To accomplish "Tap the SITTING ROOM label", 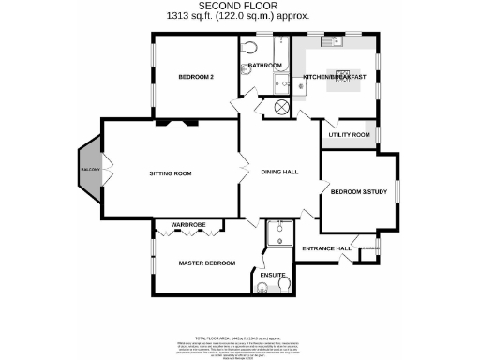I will pyautogui.click(x=171, y=173).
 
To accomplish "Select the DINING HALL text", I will pyautogui.click(x=279, y=172).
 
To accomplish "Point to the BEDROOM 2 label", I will pyautogui.click(x=197, y=78).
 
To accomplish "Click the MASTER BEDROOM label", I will pyautogui.click(x=207, y=263).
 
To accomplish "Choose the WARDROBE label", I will pyautogui.click(x=187, y=226).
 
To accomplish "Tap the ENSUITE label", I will pyautogui.click(x=272, y=276).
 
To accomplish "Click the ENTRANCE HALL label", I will pyautogui.click(x=327, y=248).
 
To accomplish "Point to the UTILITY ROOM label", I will pyautogui.click(x=349, y=135).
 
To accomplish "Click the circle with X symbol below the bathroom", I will pyautogui.click(x=280, y=105).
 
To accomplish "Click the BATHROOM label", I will pyautogui.click(x=265, y=66).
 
